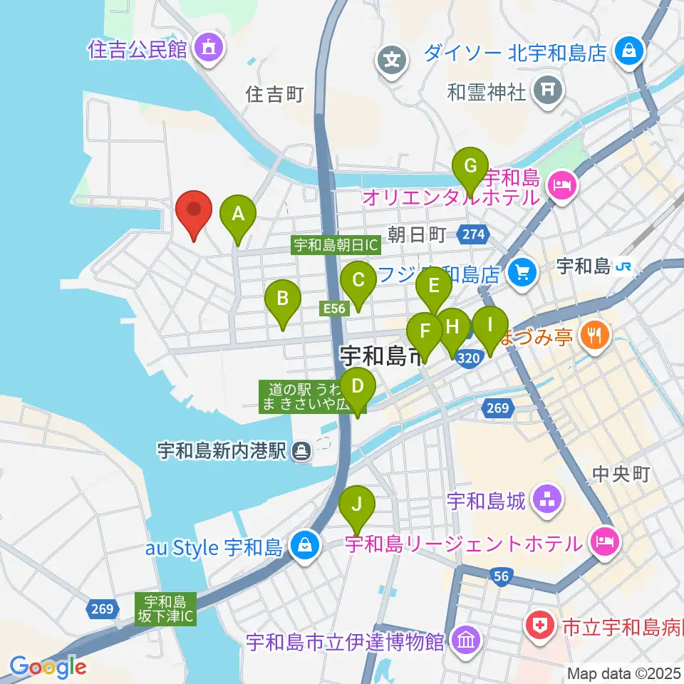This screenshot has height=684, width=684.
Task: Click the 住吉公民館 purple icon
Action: pyautogui.click(x=208, y=49)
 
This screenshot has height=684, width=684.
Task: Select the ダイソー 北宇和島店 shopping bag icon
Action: pyautogui.click(x=630, y=51)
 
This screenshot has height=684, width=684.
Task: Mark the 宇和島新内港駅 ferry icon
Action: pyautogui.click(x=302, y=450)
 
